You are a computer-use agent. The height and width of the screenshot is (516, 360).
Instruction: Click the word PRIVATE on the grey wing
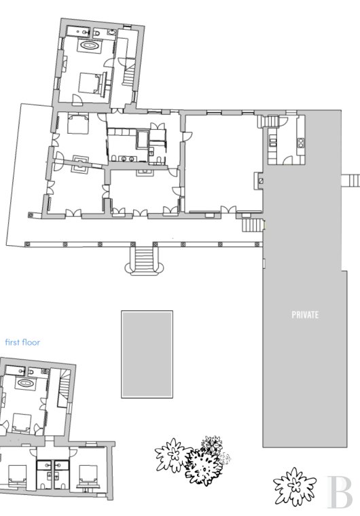pyautogui.click(x=305, y=315)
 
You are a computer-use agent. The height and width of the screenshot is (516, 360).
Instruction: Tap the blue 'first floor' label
pyautogui.click(x=22, y=342)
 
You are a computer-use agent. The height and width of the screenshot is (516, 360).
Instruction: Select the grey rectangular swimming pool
pyautogui.click(x=147, y=354)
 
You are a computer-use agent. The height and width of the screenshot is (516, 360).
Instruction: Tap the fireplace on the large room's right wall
pyautogui.click(x=259, y=181)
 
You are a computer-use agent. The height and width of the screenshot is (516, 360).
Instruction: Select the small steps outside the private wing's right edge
pyautogui.click(x=350, y=181)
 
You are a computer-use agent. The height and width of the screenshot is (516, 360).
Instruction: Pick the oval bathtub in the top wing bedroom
pyautogui.click(x=89, y=45)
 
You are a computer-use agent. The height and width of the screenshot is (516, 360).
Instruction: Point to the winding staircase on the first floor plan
pyautogui.click(x=65, y=387)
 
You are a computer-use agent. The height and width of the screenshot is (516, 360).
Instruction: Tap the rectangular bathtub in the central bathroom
pyautogui.click(x=143, y=139)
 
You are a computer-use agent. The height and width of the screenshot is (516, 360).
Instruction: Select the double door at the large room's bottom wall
pyautogui.click(x=228, y=210)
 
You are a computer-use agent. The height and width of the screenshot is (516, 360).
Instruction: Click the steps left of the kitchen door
pyautogui.click(x=269, y=121)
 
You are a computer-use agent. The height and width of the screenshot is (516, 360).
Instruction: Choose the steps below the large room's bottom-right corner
pyautogui.click(x=253, y=225)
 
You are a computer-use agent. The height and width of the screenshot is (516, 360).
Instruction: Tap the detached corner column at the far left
pyautogui.click(x=31, y=215)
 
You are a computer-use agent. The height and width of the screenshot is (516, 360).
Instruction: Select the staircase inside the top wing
pyautogui.click(x=128, y=75)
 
